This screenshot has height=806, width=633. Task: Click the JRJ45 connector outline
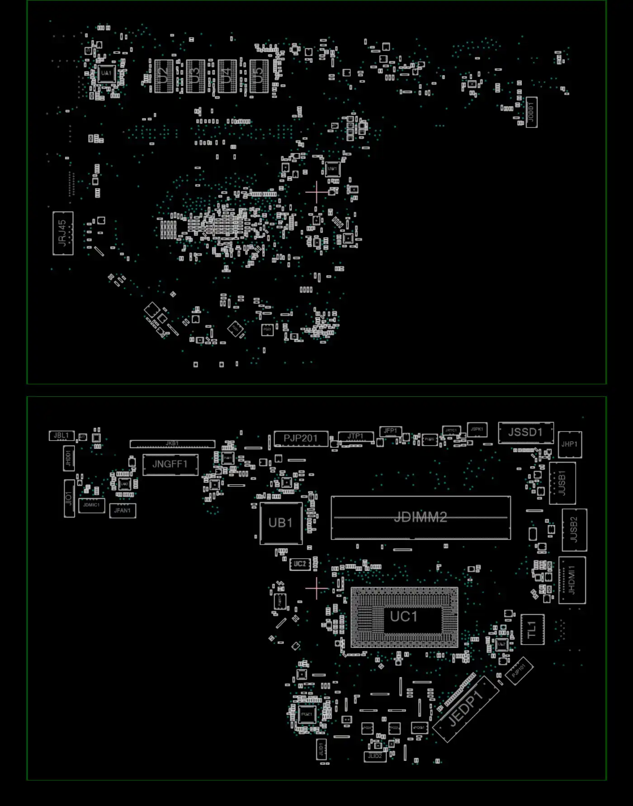tap(63, 233)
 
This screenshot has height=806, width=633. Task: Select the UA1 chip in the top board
tap(106, 73)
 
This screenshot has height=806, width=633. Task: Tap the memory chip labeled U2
tap(164, 76)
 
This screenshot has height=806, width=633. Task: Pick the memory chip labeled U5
tap(259, 76)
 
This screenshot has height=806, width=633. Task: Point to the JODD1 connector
tap(532, 112)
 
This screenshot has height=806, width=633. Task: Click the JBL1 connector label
tap(61, 436)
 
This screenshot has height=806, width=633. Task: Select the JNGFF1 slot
tap(170, 464)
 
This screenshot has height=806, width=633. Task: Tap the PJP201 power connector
tap(301, 438)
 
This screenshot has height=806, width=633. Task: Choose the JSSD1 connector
tap(525, 432)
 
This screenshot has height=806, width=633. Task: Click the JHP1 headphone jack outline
tap(570, 445)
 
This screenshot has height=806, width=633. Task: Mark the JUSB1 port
tap(562, 483)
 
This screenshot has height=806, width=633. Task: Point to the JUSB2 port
tap(574, 530)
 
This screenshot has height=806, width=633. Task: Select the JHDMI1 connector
tap(572, 580)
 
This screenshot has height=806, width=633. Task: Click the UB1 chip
tap(281, 523)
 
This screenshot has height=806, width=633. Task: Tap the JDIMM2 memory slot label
tap(420, 517)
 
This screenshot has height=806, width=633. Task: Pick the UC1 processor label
tap(404, 616)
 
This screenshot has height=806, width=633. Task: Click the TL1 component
tap(532, 629)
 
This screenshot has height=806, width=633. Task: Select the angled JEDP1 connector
tap(466, 708)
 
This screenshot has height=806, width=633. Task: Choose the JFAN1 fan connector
tap(123, 511)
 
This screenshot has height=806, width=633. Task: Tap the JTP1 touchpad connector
tap(355, 436)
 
